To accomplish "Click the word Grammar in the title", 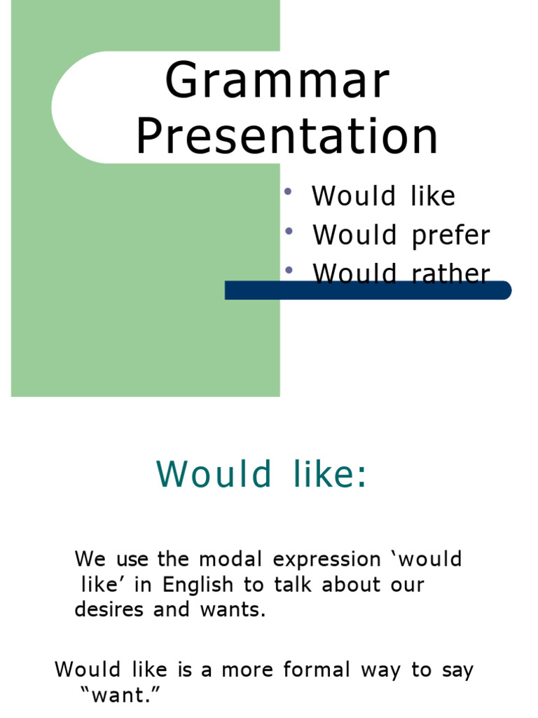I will [277, 81].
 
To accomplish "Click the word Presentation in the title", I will [287, 137].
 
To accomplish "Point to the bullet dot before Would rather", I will [288, 270].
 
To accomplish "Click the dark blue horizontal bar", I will [368, 290].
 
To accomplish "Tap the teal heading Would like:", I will [261, 474].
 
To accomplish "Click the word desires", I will [110, 609].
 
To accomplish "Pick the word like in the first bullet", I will [432, 196].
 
